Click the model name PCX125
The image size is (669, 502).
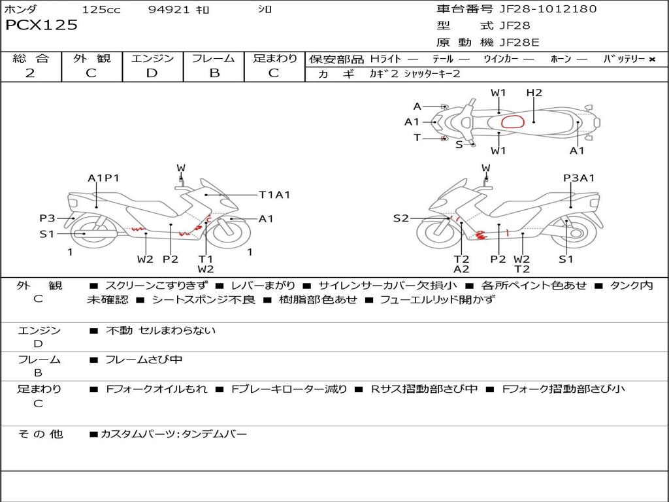pos(41,25)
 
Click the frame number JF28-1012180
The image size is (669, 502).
pos(538,9)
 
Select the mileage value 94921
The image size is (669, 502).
pos(169,10)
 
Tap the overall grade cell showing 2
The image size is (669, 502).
pos(30,73)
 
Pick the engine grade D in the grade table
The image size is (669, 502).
pos(152,73)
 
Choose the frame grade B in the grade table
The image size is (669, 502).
pos(214,73)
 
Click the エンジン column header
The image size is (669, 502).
pos(152,58)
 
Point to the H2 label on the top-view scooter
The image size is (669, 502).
pos(534,93)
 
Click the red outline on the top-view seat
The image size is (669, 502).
pos(513,122)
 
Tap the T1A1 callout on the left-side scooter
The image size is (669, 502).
pos(274,194)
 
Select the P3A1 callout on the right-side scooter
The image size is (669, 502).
pos(579,178)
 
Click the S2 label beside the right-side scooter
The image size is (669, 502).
pos(400,218)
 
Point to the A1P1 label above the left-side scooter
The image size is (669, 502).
pos(103,178)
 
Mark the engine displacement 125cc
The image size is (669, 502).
pos(101,10)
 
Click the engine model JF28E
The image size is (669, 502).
pos(519,42)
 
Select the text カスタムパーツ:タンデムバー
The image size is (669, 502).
pos(173,434)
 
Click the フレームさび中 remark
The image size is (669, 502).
pos(144,360)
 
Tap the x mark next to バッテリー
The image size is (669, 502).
pos(651,59)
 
